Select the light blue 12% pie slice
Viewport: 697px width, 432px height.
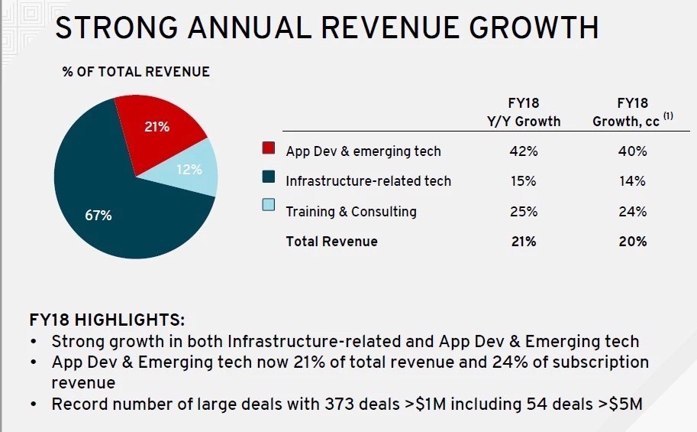(x=189, y=168)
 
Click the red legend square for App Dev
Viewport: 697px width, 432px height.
(x=269, y=148)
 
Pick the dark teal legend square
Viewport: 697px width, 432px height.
(x=269, y=177)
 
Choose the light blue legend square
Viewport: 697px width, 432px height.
(x=269, y=204)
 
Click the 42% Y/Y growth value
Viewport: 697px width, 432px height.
(x=524, y=151)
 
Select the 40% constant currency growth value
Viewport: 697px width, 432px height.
(x=633, y=151)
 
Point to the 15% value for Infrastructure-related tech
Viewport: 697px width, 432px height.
(x=524, y=181)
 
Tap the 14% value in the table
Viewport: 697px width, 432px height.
(x=633, y=181)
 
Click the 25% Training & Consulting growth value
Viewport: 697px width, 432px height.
(x=524, y=212)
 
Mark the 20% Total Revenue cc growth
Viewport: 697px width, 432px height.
(x=633, y=242)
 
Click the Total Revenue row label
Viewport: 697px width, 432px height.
(x=331, y=242)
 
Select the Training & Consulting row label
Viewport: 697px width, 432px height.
(x=351, y=212)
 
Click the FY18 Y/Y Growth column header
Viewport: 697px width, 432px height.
(x=524, y=112)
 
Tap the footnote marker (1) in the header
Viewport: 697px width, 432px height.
(x=668, y=115)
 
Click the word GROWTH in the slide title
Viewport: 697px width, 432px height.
(x=534, y=28)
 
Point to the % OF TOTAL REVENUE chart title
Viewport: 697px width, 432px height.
(x=136, y=72)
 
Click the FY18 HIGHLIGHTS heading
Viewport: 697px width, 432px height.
(x=107, y=320)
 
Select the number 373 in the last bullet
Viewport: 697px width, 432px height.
(x=340, y=404)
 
